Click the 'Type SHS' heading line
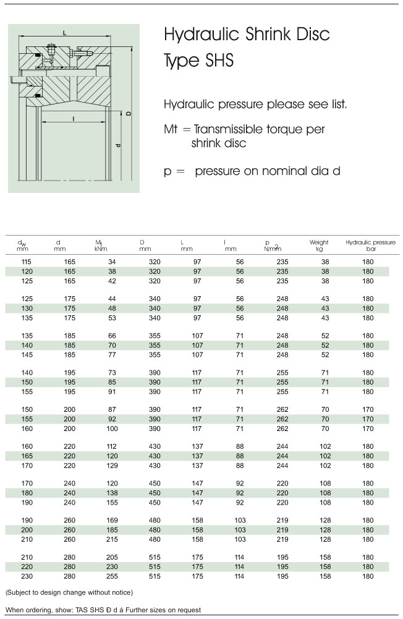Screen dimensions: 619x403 (x=199, y=62)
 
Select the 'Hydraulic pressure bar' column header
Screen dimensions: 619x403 (x=370, y=245)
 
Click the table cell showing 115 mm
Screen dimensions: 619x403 (x=26, y=262)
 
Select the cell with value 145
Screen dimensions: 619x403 (x=26, y=355)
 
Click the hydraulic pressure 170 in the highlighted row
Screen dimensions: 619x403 (x=368, y=419)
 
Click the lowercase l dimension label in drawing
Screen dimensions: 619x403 (x=74, y=117)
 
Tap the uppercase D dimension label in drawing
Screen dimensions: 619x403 (x=129, y=114)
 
